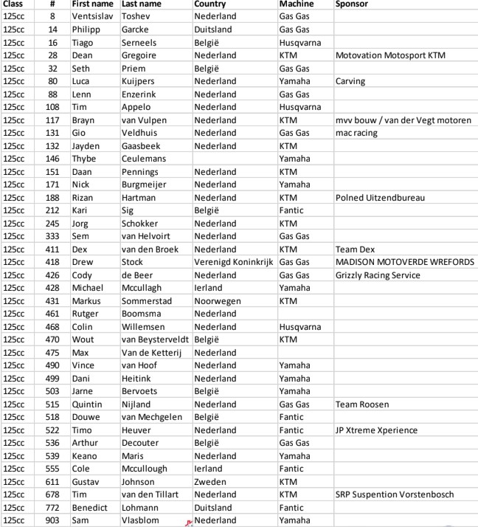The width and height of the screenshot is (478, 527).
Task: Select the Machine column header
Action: (297, 4)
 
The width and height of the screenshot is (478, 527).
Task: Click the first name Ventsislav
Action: (94, 16)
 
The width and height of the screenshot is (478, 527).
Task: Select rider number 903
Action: (53, 520)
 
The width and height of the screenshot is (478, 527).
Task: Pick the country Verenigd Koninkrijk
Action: (234, 262)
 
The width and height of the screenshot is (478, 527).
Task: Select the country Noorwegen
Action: (217, 301)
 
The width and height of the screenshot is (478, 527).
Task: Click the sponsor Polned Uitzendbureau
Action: (380, 198)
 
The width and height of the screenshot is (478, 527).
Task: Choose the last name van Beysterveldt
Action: (155, 340)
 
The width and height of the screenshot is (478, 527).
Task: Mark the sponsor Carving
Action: (350, 81)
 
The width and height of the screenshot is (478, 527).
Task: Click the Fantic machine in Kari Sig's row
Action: (291, 210)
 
